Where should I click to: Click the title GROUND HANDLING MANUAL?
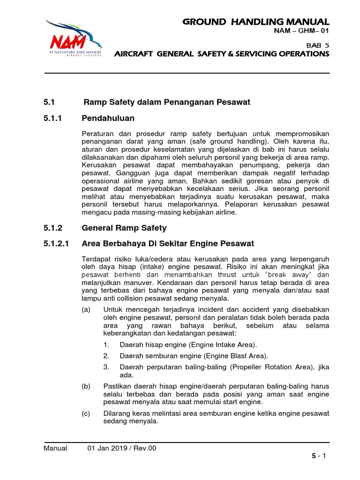pos(256,22)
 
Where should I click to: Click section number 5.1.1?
pos(52,118)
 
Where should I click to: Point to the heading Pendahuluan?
pos(108,118)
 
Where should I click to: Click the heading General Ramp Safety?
pos(124,228)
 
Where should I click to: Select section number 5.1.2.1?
pos(56,244)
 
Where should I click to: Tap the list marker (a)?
pos(87,310)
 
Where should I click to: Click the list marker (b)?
pos(87,386)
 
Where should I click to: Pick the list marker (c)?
pos(87,413)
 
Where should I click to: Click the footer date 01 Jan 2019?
pos(108,448)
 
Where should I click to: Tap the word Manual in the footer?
pos(55,448)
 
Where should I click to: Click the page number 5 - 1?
pos(320,455)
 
